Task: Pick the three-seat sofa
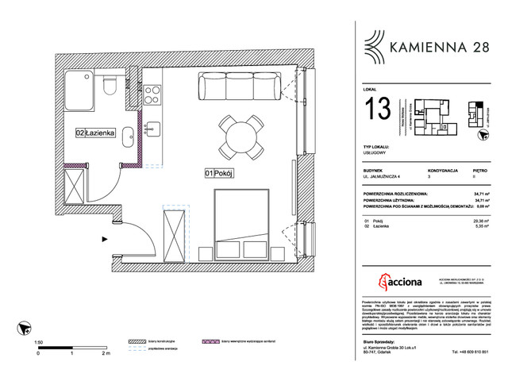(237, 86)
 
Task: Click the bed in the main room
(245, 222)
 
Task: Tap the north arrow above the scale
(27, 326)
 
